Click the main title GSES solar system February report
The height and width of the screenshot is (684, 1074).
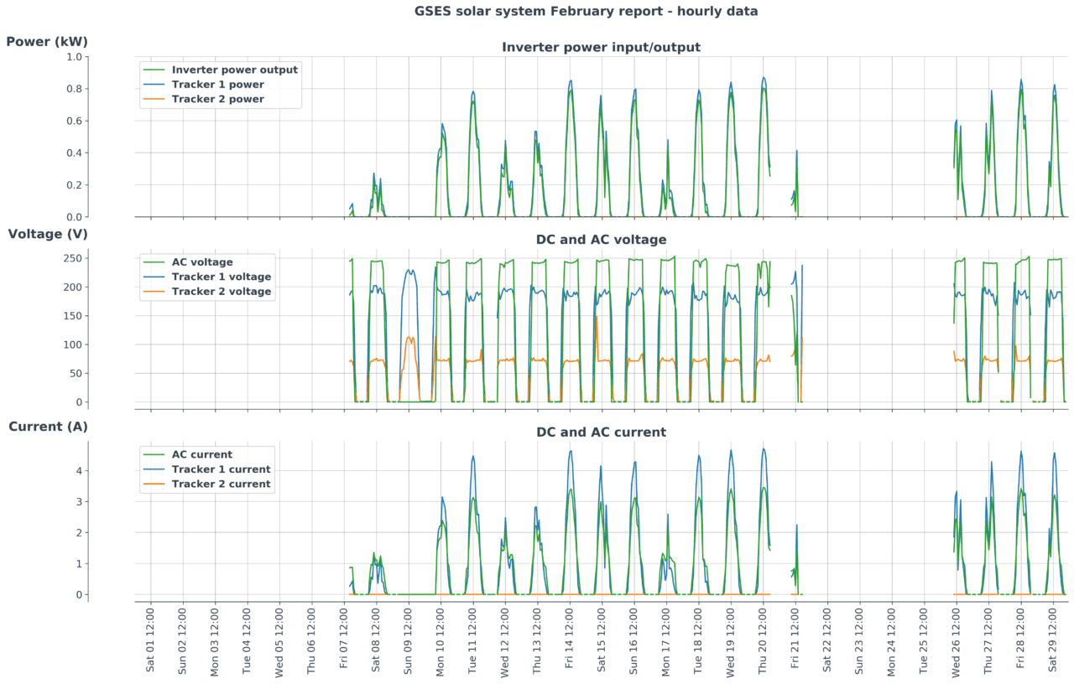[586, 11]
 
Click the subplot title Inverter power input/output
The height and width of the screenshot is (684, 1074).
[601, 47]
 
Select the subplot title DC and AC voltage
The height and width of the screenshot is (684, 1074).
[601, 240]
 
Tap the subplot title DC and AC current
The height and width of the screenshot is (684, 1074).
[601, 433]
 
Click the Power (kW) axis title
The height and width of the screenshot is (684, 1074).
[47, 41]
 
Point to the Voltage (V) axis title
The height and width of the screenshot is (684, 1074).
[48, 234]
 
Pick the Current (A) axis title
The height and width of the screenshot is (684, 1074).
[48, 427]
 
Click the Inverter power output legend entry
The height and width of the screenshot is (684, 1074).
[234, 70]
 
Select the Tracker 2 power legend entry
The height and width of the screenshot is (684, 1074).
[217, 99]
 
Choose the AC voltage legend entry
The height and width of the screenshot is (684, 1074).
[202, 262]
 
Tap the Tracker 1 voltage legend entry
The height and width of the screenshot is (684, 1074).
[221, 277]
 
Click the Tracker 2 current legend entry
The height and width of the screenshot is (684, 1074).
[221, 484]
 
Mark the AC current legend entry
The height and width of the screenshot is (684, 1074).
[201, 454]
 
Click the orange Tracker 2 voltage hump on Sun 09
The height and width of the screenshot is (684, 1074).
[409, 339]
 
